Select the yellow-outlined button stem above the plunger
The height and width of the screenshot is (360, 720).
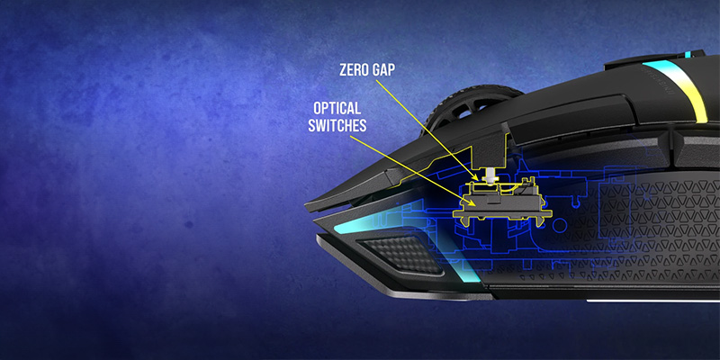pos(493,148)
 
